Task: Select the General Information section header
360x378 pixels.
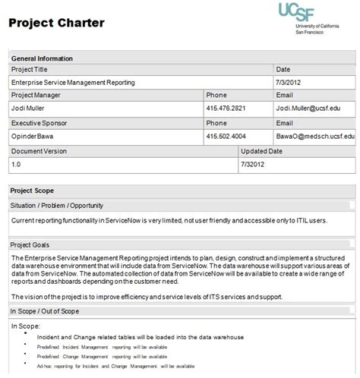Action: click(42, 58)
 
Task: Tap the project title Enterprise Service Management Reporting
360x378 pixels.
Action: click(73, 82)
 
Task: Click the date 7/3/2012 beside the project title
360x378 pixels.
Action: click(289, 82)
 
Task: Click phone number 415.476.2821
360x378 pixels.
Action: click(227, 109)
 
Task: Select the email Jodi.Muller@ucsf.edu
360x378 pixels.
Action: click(314, 109)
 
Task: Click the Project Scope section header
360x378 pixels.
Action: click(33, 191)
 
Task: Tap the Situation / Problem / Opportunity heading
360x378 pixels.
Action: click(57, 205)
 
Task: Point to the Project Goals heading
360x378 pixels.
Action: click(31, 244)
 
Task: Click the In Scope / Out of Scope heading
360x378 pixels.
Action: click(49, 311)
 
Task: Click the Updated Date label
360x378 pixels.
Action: click(262, 150)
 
